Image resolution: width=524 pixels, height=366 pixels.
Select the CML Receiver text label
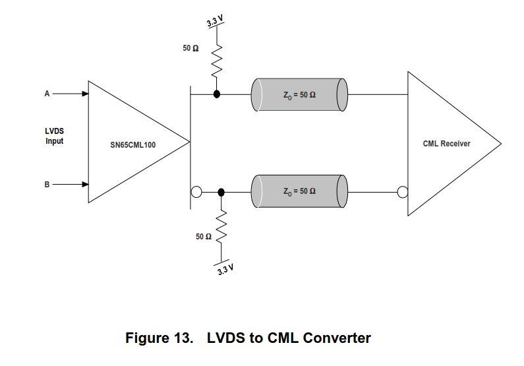point(446,143)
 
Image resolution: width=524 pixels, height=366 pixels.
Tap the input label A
point(47,94)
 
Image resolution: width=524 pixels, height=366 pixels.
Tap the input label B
point(47,185)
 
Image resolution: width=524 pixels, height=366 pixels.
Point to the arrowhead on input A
point(84,94)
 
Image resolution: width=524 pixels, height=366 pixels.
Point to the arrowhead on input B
point(84,185)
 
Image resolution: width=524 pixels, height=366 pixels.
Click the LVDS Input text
point(55,136)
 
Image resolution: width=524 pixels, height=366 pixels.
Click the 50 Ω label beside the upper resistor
point(190,49)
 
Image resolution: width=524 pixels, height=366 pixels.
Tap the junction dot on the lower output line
point(221,192)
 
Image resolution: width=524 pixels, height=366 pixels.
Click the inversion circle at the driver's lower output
point(196,192)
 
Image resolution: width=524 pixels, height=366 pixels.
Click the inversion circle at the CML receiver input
point(403,192)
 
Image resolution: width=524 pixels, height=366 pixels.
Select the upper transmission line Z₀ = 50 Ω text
point(299,95)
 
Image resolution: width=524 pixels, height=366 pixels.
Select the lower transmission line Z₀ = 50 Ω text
point(299,191)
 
